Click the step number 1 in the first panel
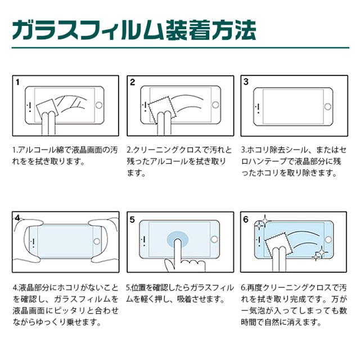click(17, 82)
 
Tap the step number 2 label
click(133, 82)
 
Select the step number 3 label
click(246, 82)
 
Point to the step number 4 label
click(18, 218)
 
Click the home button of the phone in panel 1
click(101, 105)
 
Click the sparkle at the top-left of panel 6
click(260, 224)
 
